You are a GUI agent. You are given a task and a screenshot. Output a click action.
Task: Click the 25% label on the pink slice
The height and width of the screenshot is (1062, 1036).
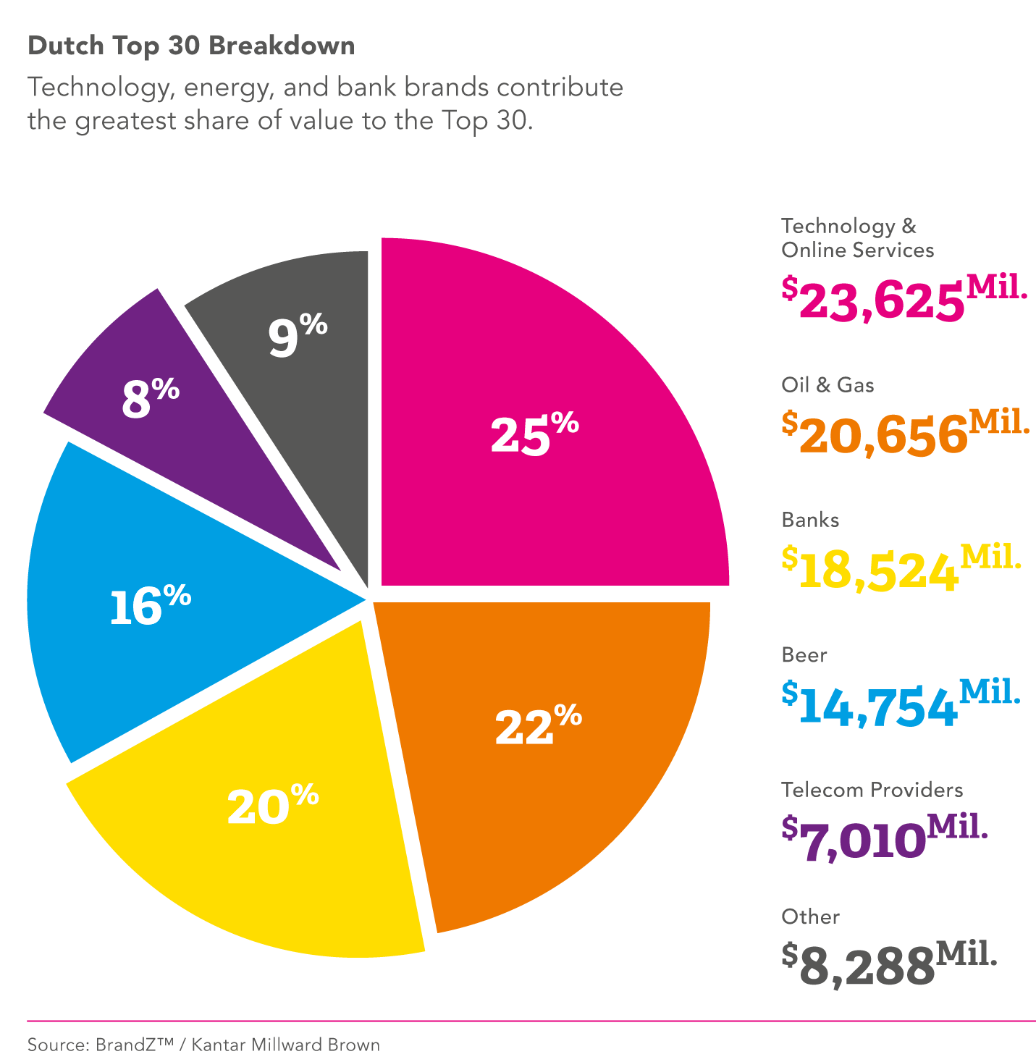click(x=534, y=434)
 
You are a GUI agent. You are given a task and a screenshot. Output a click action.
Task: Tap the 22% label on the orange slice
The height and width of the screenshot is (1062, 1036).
click(x=538, y=725)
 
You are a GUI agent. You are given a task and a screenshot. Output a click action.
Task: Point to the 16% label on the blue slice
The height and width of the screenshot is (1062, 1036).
click(x=150, y=605)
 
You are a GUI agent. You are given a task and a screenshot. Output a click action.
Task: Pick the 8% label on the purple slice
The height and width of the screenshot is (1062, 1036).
click(x=150, y=398)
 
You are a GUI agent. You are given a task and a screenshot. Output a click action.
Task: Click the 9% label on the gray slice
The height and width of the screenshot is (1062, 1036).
click(x=298, y=335)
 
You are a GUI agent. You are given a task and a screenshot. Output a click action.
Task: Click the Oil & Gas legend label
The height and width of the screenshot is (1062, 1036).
click(x=827, y=384)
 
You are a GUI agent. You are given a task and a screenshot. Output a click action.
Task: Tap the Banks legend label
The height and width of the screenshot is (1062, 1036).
click(x=810, y=520)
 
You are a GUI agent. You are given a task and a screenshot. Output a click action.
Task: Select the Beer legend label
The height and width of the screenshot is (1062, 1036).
click(x=804, y=655)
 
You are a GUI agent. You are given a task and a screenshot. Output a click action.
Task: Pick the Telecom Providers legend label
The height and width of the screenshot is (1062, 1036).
click(x=872, y=790)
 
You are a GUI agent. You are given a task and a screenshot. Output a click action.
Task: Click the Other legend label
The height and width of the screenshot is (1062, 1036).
click(x=810, y=916)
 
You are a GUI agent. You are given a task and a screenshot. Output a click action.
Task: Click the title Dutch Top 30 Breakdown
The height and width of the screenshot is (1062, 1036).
click(x=191, y=46)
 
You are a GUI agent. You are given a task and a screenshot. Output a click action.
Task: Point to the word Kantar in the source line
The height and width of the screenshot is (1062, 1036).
click(x=219, y=1045)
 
